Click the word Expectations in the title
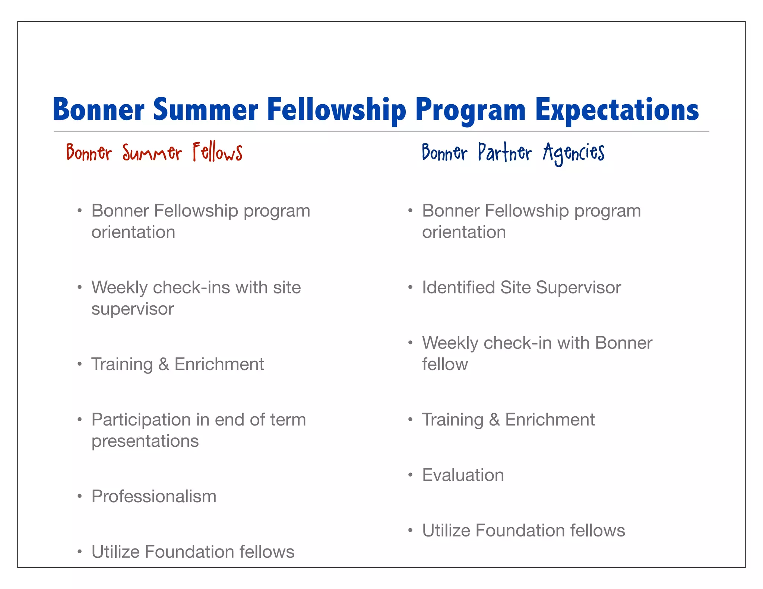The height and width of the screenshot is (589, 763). (617, 110)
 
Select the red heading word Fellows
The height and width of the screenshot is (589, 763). (218, 153)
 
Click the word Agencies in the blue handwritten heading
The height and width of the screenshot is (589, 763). (573, 153)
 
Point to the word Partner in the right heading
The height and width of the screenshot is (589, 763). (505, 153)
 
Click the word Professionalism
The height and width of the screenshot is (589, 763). (154, 496)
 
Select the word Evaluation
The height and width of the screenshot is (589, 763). (463, 475)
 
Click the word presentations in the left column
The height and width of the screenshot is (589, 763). (145, 441)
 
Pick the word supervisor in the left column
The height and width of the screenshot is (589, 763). (133, 309)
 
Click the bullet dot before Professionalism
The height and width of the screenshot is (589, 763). (79, 496)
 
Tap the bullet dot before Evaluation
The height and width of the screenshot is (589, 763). (410, 475)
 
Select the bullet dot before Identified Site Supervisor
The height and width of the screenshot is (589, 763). (410, 287)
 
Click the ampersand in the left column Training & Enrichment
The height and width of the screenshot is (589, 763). (164, 364)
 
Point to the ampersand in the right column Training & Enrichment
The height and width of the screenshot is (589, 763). (494, 420)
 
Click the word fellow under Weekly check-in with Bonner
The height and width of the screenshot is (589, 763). (445, 364)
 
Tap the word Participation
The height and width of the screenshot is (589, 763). (141, 420)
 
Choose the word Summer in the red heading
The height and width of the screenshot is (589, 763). (152, 153)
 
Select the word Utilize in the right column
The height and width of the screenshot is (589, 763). (446, 531)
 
